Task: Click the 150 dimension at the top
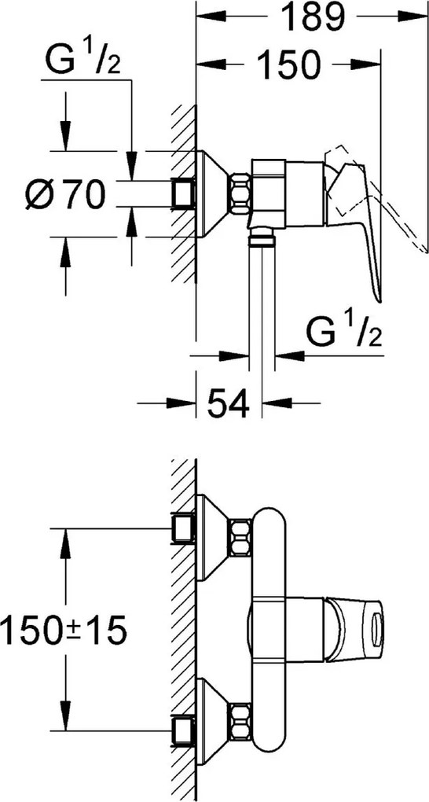288,64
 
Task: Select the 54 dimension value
228,403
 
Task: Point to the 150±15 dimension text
63,630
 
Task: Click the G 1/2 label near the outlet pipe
344,333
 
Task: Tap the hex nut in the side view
240,193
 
